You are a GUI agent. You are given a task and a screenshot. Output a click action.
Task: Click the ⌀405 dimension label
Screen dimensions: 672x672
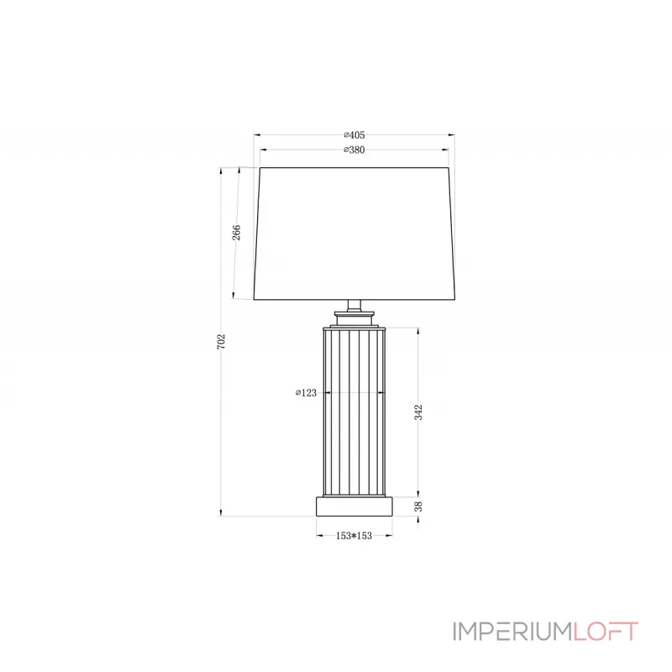[354, 135]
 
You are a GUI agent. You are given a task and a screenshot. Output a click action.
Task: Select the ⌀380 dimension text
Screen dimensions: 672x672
[354, 150]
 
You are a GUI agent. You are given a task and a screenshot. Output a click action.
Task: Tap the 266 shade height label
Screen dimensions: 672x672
[236, 233]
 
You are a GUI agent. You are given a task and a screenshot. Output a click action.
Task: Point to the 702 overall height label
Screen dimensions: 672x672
[221, 342]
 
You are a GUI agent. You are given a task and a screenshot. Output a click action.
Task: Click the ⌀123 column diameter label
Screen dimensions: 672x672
[306, 392]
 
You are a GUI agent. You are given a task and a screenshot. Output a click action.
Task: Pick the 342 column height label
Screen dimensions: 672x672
[418, 412]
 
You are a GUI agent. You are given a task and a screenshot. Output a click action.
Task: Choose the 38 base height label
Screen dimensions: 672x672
[418, 507]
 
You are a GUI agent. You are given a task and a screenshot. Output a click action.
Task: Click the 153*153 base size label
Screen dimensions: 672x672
[354, 536]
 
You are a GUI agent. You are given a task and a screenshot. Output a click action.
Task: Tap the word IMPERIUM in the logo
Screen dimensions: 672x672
[512, 632]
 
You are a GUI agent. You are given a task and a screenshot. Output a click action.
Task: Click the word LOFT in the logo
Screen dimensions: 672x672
[606, 632]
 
